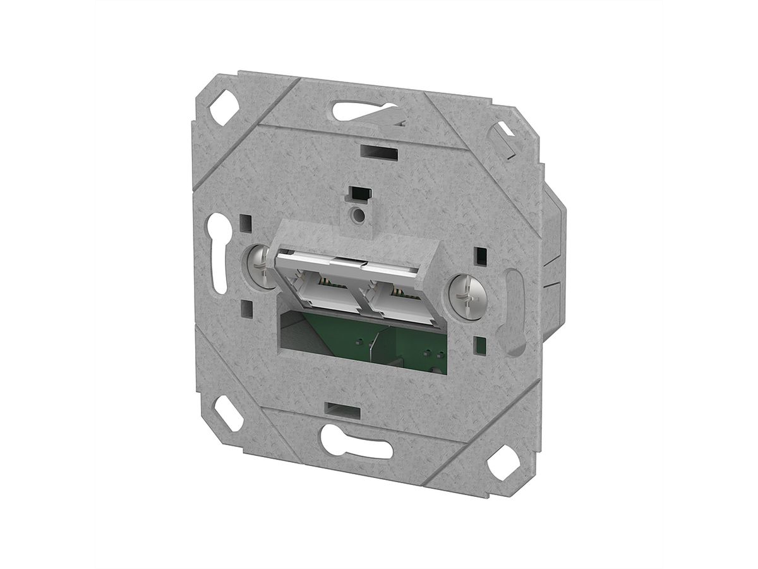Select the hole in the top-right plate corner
click(x=505, y=135)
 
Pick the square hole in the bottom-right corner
click(x=503, y=464)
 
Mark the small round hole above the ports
click(x=359, y=215)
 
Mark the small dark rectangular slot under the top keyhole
click(x=378, y=152)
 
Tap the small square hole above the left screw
click(x=246, y=223)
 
